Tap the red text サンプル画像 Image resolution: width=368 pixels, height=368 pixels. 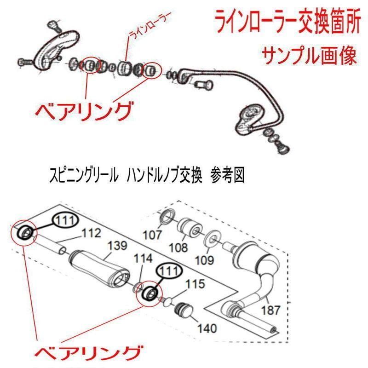309,57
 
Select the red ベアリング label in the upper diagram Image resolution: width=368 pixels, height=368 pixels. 84,111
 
